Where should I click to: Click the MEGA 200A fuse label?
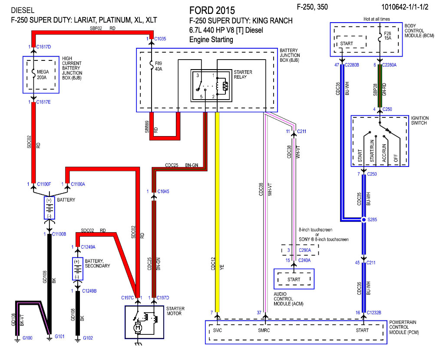(x=43, y=75)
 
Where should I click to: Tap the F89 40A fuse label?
(x=159, y=66)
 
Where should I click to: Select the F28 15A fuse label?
(x=387, y=36)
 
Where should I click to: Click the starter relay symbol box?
(x=212, y=86)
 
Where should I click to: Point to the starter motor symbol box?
(x=144, y=322)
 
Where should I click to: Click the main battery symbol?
(x=50, y=208)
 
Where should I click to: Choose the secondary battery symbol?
(x=77, y=269)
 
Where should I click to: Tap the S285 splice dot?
(x=364, y=220)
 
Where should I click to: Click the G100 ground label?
(x=27, y=338)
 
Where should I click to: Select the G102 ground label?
(x=88, y=338)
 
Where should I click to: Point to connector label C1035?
(x=160, y=39)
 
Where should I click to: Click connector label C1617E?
(x=43, y=102)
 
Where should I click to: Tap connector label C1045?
(x=163, y=191)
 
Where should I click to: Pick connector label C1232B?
(x=374, y=313)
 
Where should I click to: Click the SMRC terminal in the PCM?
(x=264, y=330)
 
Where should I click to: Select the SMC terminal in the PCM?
(x=218, y=330)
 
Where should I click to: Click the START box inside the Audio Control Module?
(x=294, y=280)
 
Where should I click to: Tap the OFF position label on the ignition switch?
(x=396, y=158)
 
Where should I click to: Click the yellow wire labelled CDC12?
(x=217, y=212)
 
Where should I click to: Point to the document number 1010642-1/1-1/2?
(x=405, y=7)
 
